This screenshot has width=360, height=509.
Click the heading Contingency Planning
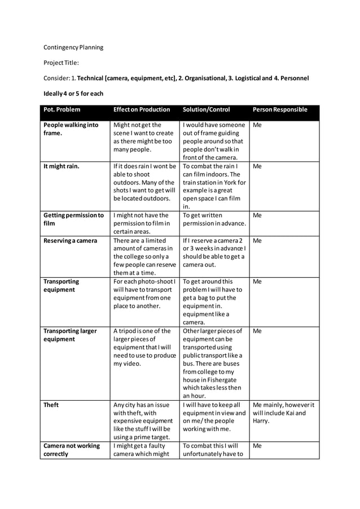point(73,47)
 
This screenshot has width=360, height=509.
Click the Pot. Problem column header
point(62,109)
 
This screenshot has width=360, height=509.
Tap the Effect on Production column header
point(142,109)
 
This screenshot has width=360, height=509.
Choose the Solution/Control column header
point(206,109)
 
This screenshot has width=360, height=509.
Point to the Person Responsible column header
point(280,109)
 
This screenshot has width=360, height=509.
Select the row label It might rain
point(62,166)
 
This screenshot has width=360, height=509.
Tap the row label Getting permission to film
point(73,220)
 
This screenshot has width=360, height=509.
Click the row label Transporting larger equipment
point(70,335)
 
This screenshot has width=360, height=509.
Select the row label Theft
point(51,405)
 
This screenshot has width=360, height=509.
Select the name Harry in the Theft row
point(261,421)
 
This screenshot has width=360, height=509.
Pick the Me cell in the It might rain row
point(257,166)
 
